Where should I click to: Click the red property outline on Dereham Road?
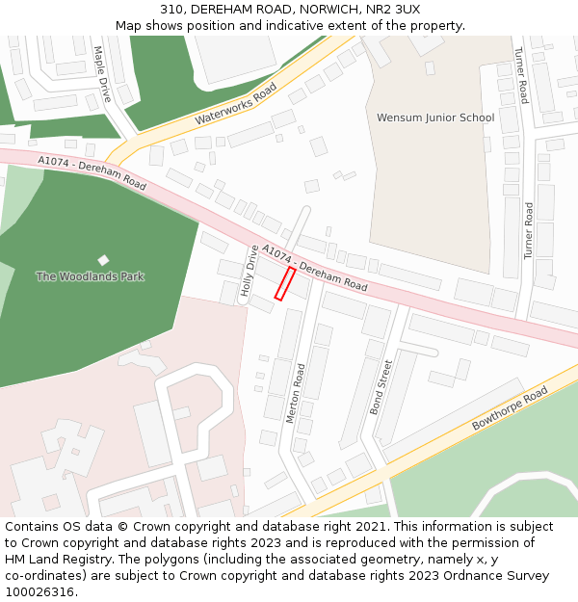click(285, 284)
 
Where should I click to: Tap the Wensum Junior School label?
click(434, 118)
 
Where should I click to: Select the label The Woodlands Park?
click(90, 276)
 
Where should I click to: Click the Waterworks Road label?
click(235, 104)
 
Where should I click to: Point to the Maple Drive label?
click(103, 74)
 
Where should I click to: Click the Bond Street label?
click(381, 387)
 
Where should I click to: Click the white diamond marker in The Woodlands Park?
click(103, 260)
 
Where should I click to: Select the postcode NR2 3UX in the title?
click(393, 9)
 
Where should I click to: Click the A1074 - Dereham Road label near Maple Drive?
click(92, 172)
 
